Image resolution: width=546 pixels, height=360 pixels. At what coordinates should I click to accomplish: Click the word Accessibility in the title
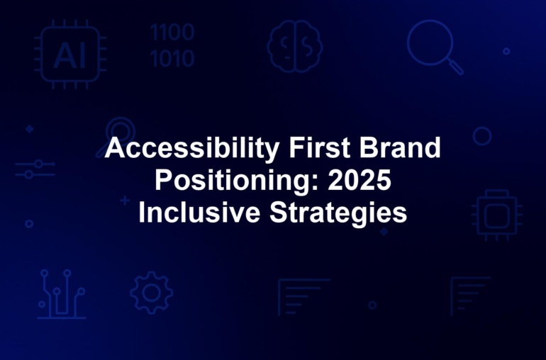coord(192,149)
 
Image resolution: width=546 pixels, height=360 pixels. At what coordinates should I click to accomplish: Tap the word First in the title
coord(319,147)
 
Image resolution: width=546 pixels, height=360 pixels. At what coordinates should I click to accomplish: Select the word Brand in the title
coord(400,147)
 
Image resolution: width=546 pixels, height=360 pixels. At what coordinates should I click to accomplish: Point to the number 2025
coord(360,180)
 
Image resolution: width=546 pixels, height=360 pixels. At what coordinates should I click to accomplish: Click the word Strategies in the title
coord(338,213)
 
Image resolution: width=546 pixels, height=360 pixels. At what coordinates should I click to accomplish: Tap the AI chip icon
coord(70,54)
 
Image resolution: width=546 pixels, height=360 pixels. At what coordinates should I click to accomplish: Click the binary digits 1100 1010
coord(172,45)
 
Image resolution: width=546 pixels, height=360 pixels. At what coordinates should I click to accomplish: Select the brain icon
coord(294,46)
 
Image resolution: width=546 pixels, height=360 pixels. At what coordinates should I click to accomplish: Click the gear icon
coord(152,293)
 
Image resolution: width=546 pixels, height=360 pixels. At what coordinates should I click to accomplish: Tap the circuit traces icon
coord(62,294)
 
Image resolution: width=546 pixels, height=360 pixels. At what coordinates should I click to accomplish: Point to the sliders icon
coord(35,169)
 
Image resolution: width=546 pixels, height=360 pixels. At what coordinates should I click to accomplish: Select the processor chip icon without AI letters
coord(497,215)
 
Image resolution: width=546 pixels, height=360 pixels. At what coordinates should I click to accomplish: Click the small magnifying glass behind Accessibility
coord(120,128)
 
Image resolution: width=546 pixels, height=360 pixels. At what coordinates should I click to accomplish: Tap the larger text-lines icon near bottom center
coord(303,297)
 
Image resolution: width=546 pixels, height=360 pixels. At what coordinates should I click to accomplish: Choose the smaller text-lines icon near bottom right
coord(470,296)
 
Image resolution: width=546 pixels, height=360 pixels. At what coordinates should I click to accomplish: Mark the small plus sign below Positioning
coord(125,201)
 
